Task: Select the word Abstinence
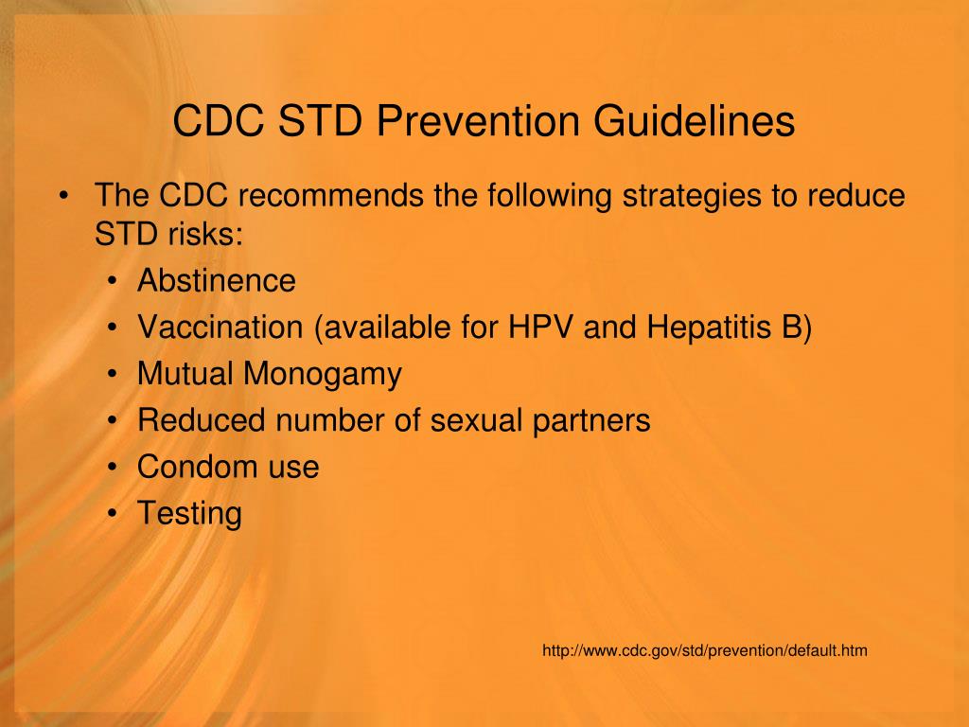[217, 280]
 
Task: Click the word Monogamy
[323, 375]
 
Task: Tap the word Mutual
[185, 374]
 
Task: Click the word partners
[590, 421]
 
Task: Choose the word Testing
[189, 514]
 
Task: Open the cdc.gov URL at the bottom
[705, 650]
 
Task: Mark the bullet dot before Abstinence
[114, 281]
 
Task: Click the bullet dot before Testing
[114, 514]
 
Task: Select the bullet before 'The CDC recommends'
[63, 197]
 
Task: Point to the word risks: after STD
[208, 234]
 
